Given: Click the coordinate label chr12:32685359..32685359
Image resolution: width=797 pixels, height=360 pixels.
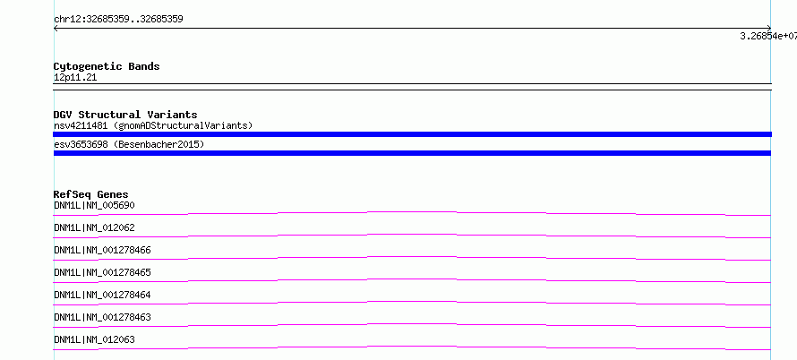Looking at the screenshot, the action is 118,20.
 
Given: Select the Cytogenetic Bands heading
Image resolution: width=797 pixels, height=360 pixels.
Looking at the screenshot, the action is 107,66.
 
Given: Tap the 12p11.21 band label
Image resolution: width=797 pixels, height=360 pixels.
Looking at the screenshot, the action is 75,78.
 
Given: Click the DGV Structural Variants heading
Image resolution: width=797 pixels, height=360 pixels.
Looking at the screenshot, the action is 125,115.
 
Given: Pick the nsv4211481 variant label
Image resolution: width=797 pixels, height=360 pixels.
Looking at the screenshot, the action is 81,125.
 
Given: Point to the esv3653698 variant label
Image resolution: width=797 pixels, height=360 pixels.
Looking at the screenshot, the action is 81,145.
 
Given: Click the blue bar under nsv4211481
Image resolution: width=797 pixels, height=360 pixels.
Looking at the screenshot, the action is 412,134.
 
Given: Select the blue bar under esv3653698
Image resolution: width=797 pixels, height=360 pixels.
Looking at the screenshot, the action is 412,153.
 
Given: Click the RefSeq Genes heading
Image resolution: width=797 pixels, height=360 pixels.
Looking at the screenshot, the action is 91,194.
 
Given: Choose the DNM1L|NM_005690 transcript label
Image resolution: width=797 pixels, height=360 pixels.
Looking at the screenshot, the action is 95,205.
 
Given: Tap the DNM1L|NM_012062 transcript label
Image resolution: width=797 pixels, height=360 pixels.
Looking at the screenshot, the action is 95,227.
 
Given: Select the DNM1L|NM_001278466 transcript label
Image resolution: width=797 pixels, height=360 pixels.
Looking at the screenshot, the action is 103,250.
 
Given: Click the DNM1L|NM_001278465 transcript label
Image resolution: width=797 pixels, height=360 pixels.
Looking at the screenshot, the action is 103,272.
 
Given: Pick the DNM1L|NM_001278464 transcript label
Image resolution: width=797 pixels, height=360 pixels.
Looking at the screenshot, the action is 103,295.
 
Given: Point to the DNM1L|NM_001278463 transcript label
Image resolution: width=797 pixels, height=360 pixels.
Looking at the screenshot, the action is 103,317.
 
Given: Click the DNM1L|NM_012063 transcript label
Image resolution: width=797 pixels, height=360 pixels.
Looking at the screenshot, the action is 95,339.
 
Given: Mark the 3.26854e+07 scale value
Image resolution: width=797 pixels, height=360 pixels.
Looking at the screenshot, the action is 768,36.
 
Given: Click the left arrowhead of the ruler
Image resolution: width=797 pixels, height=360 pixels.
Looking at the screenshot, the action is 55,29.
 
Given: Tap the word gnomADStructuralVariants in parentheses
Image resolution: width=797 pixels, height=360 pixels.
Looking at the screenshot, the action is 183,125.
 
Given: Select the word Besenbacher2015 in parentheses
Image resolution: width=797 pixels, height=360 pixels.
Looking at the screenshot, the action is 159,145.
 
